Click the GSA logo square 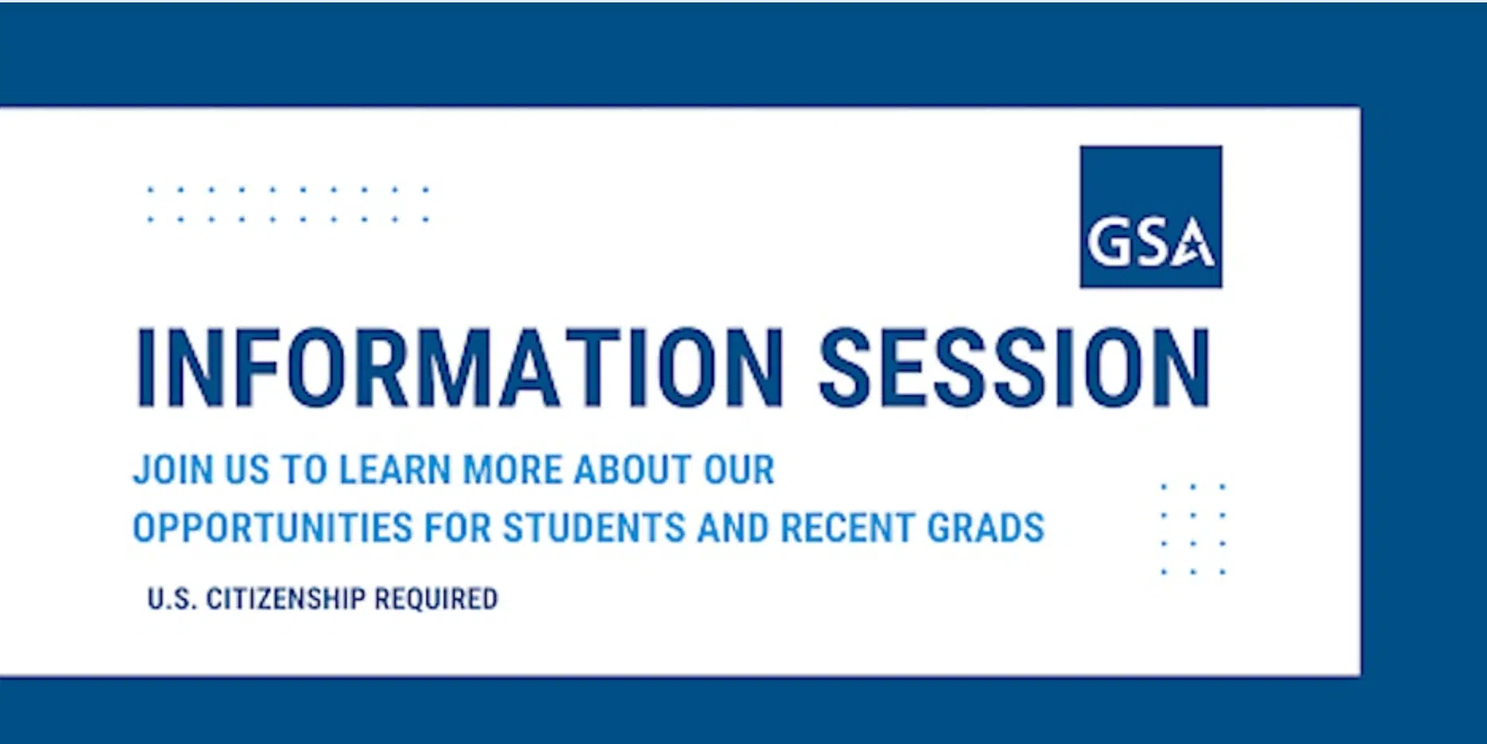[x=1151, y=216]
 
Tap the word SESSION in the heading [x=1015, y=368]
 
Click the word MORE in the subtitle [x=513, y=469]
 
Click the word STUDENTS [x=593, y=528]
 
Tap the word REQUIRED [x=436, y=599]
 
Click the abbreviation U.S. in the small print [x=172, y=599]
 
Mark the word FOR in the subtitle [x=457, y=528]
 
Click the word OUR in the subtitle [x=739, y=469]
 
